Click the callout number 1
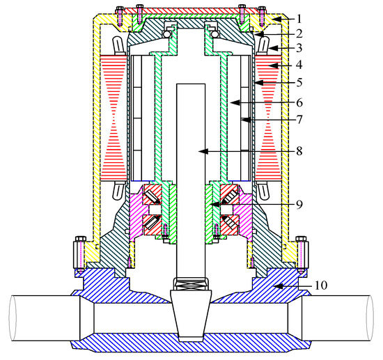click(x=299, y=17)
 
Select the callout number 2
click(x=299, y=33)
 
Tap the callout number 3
click(x=299, y=49)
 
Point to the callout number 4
click(x=299, y=65)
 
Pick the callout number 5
click(x=299, y=83)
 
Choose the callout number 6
click(x=299, y=102)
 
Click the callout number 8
click(x=299, y=150)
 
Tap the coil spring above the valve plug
click(x=191, y=284)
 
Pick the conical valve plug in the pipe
click(x=191, y=313)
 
